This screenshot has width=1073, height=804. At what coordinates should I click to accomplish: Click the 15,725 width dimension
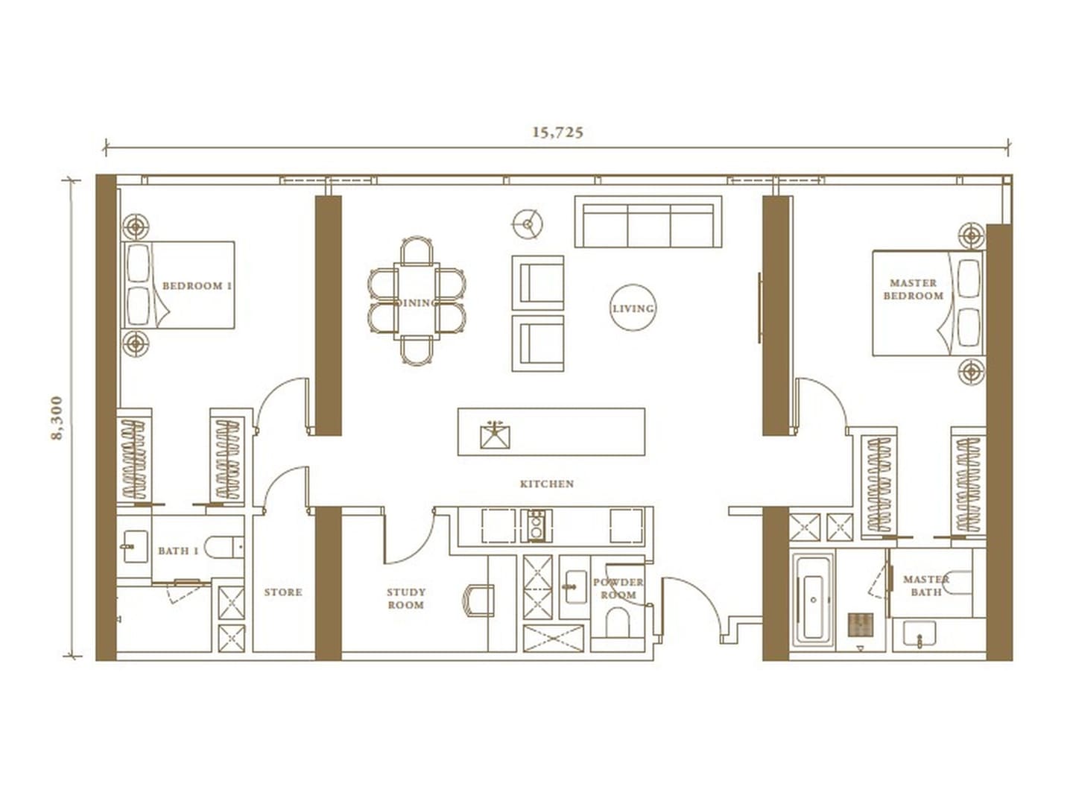point(557,133)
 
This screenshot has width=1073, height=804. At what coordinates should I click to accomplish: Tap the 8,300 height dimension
point(57,418)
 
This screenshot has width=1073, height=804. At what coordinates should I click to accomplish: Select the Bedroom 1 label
point(197,285)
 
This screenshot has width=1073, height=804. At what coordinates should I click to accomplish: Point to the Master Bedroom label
point(913,289)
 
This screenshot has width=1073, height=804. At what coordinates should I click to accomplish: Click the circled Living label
point(633,308)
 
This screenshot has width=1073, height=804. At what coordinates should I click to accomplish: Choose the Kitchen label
point(546,484)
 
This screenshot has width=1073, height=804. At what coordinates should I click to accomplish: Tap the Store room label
point(283,592)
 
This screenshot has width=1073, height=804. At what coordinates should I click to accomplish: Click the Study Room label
point(406,598)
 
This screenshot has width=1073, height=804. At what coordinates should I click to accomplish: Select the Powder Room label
point(618,589)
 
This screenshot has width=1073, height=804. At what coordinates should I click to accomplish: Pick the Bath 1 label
point(178,551)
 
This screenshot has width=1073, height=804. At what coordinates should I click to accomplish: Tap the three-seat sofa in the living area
point(648,221)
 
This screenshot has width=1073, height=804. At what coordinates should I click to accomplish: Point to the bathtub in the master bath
point(813,601)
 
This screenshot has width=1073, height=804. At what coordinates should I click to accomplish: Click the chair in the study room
point(478,601)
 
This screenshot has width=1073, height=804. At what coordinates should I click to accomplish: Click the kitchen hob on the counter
point(536,525)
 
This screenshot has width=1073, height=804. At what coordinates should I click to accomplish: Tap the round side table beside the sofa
point(528,224)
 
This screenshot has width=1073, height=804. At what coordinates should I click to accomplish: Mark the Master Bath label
point(926,586)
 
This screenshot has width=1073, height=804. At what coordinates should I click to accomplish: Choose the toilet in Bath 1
point(224,547)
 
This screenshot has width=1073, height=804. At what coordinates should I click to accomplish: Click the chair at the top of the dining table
point(417,250)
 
